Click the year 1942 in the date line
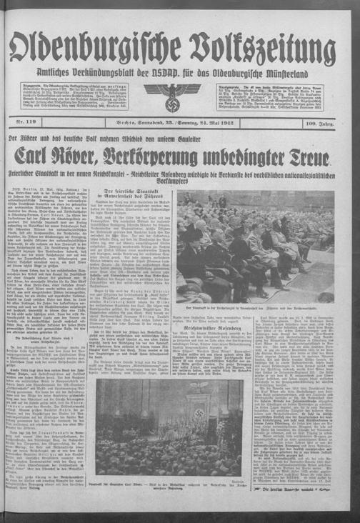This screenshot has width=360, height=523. coord(243,125)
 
